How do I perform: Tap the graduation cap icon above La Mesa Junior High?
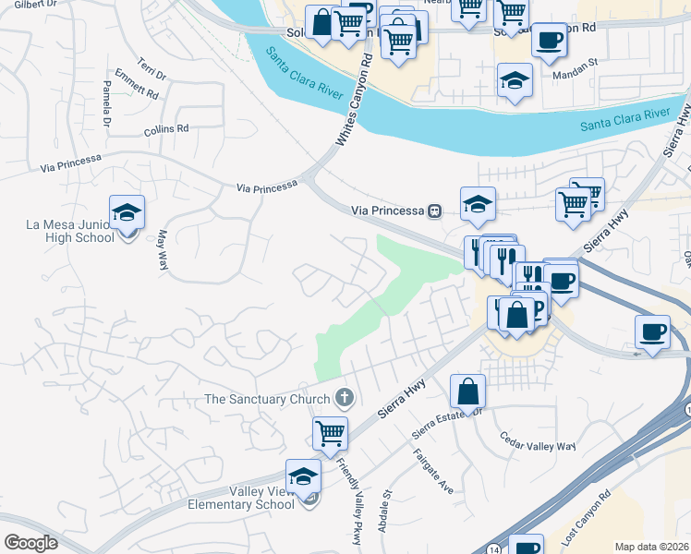127,213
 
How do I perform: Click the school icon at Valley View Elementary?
303,476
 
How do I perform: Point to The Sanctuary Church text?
267,399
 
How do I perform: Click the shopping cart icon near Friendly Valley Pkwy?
330,432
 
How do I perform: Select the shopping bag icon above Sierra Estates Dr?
468,391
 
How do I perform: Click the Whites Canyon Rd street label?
354,100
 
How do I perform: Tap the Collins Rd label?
166,131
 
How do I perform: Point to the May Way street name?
162,249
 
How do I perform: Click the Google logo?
30,543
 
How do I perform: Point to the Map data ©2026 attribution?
651,547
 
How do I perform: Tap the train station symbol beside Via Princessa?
433,211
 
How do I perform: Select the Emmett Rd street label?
137,87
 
